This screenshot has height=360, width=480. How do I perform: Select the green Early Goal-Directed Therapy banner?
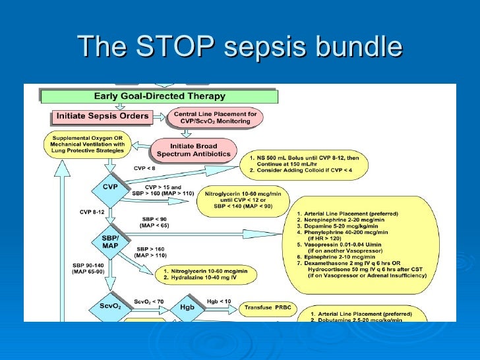tap(160, 96)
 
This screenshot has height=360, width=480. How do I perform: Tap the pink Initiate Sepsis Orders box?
tap(102, 117)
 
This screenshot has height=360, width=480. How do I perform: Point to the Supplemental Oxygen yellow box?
tap(87, 144)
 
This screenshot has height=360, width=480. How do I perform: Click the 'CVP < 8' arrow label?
tap(144, 168)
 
